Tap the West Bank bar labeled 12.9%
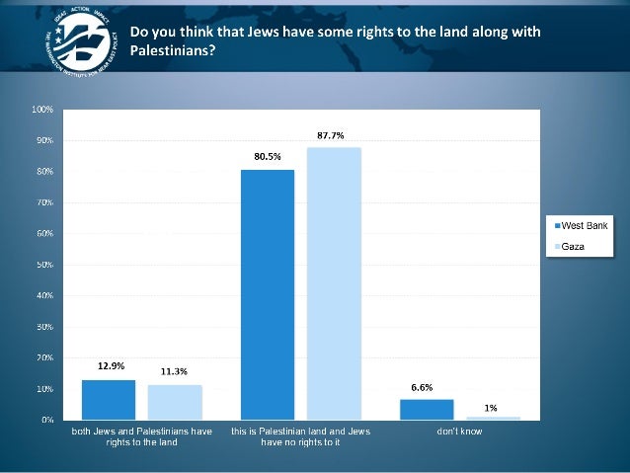pyautogui.click(x=108, y=400)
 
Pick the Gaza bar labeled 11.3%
pyautogui.click(x=175, y=402)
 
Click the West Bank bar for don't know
pyautogui.click(x=428, y=410)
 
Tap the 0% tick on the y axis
pyautogui.click(x=45, y=420)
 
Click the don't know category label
pyautogui.click(x=460, y=433)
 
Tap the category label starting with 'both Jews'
pyautogui.click(x=141, y=437)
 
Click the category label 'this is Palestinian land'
pyautogui.click(x=300, y=437)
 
